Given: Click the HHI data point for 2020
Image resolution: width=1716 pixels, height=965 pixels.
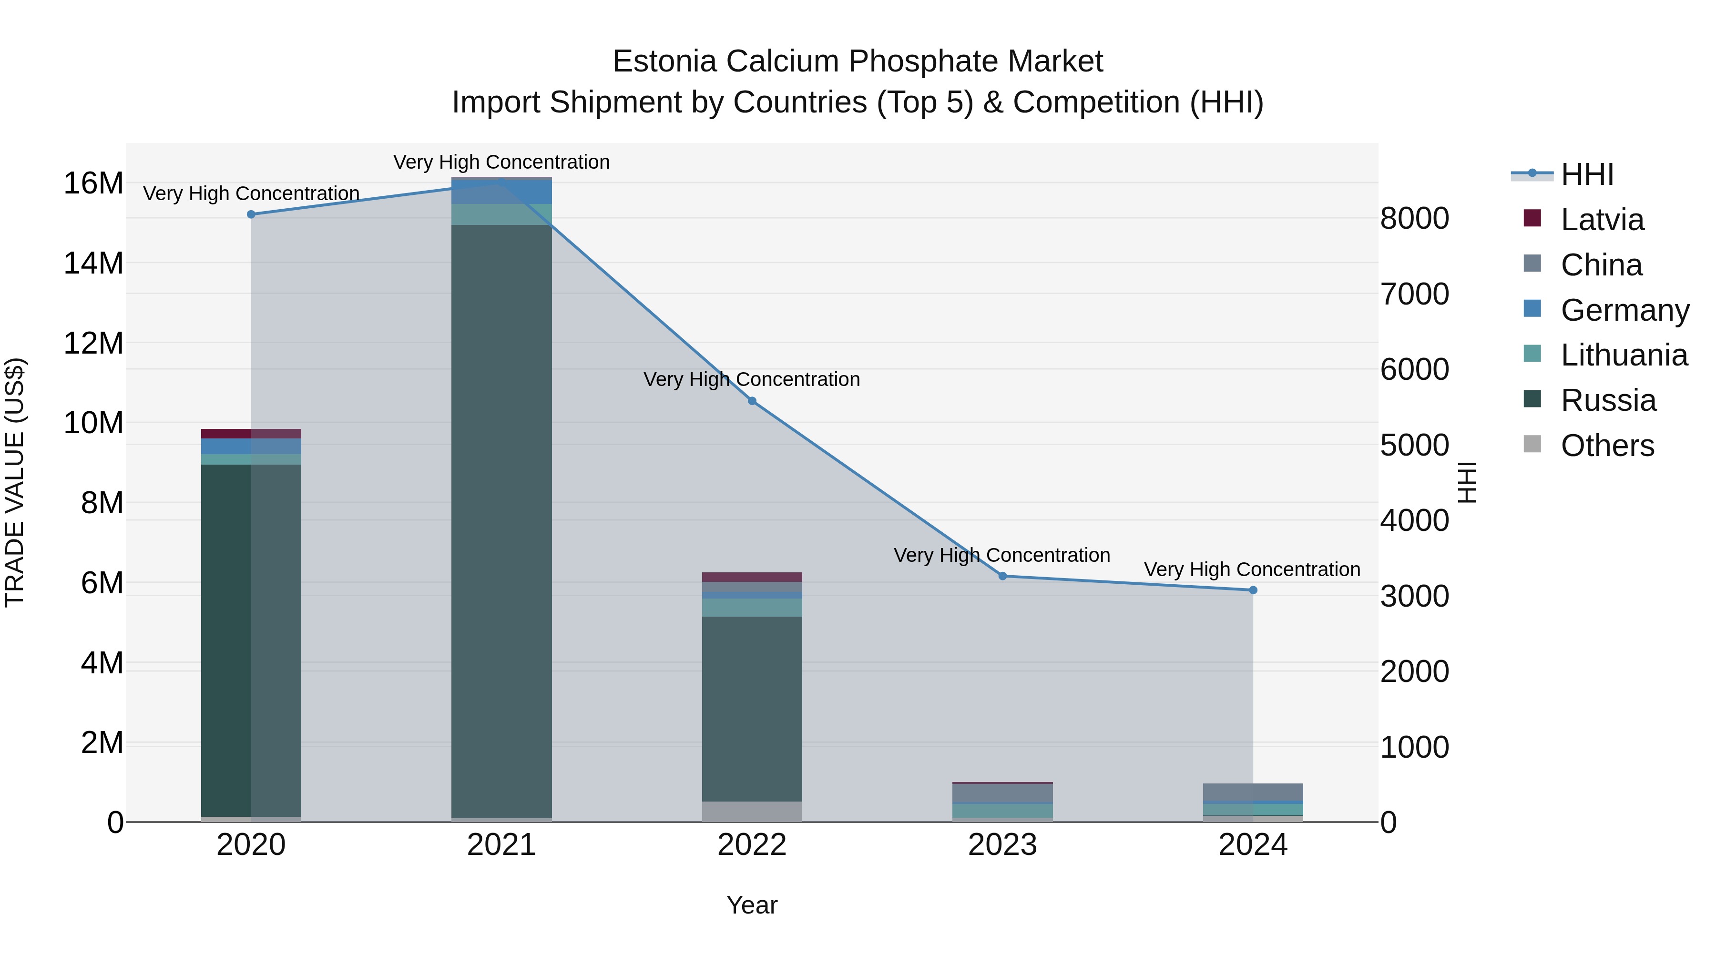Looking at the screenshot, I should tap(251, 214).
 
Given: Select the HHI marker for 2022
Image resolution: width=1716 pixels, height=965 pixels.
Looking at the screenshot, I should tap(752, 401).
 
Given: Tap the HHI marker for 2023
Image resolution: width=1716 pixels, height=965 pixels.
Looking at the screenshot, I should tap(1002, 576).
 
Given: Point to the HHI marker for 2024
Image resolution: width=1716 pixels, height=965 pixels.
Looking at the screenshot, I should tap(1253, 590).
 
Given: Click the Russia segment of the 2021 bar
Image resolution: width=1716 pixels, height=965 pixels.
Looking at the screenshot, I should tap(501, 519).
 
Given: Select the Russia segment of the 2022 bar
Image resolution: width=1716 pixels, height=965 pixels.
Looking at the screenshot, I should tap(752, 709).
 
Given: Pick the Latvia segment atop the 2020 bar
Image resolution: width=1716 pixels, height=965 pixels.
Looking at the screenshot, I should tap(251, 434).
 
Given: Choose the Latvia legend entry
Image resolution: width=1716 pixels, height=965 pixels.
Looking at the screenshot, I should tap(1602, 220).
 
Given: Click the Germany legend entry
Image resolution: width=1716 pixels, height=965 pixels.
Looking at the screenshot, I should tap(1624, 310).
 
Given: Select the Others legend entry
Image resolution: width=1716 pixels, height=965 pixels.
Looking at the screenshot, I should tap(1607, 446).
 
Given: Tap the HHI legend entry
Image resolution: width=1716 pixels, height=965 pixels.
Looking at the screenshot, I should tap(1587, 174).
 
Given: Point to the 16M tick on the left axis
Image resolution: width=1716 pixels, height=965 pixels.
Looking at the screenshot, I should tap(93, 183).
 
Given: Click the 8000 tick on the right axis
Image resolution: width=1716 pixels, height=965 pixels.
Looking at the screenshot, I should tap(1414, 218).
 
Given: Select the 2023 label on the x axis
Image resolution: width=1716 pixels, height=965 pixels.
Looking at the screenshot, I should tap(1002, 845).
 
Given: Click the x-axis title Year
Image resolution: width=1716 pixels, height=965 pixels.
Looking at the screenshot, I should tap(752, 905).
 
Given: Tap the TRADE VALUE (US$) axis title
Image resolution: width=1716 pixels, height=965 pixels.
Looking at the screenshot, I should tap(15, 482).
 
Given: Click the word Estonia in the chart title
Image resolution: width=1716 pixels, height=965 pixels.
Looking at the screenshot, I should tap(664, 61).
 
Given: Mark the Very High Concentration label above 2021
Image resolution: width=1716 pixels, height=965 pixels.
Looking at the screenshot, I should tap(501, 162).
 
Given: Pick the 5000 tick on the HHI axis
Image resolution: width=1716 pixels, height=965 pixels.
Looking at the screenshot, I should tap(1414, 445).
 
